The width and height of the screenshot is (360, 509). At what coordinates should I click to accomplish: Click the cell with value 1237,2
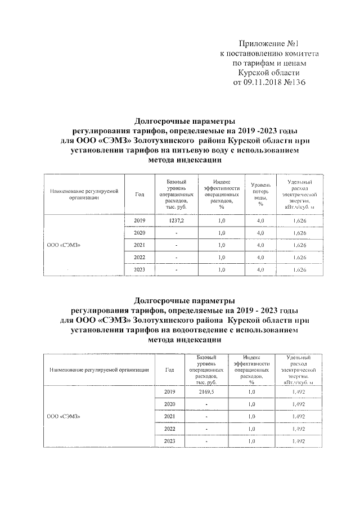pyautogui.click(x=177, y=220)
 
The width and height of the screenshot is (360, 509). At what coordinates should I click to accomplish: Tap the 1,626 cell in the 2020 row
pyautogui.click(x=299, y=233)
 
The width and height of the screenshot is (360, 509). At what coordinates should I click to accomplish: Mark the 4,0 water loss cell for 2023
pyautogui.click(x=260, y=270)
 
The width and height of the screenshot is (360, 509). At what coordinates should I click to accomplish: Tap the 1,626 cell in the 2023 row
pyautogui.click(x=299, y=270)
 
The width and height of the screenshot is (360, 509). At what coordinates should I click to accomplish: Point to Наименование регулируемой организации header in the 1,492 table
pyautogui.click(x=99, y=370)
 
